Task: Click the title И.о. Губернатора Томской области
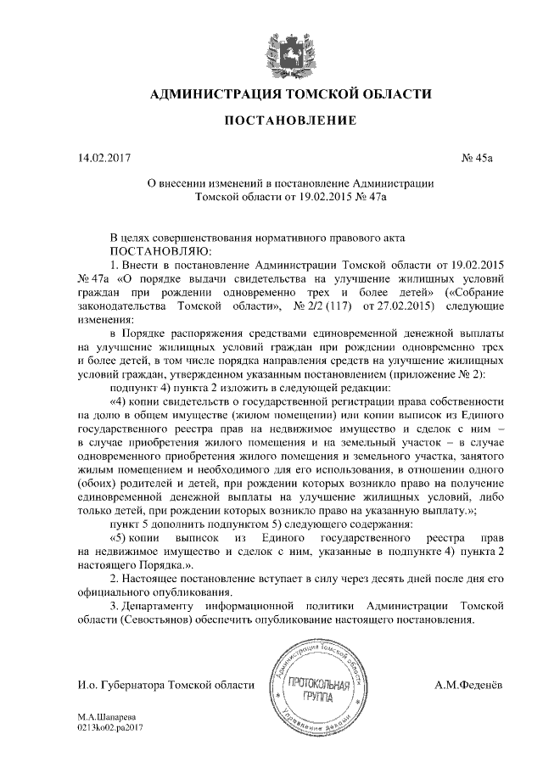165,684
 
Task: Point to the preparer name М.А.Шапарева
106,716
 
